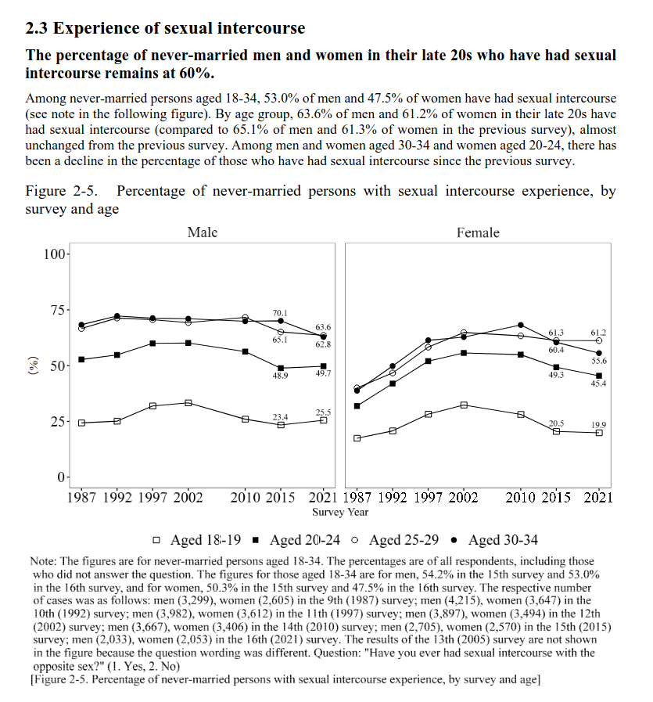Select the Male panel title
(203, 232)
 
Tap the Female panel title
(478, 232)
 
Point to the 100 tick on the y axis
(55, 254)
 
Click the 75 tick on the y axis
(58, 310)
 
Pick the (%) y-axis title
(33, 366)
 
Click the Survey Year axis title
(340, 513)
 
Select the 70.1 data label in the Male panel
(280, 311)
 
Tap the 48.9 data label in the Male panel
(280, 376)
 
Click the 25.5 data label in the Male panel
(323, 412)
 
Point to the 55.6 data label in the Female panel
(598, 362)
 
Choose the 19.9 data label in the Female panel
(598, 424)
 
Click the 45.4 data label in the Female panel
(598, 383)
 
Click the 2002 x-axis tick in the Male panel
(188, 497)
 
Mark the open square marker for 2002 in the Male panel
(188, 402)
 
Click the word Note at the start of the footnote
(44, 561)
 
